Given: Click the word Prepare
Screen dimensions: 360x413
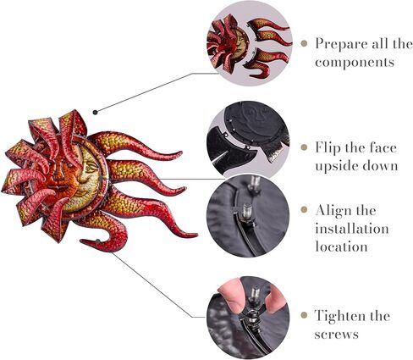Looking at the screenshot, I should point(344,42).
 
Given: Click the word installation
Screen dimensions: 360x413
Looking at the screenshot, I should point(354,229).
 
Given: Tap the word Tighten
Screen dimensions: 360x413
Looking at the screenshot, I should point(344,315).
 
